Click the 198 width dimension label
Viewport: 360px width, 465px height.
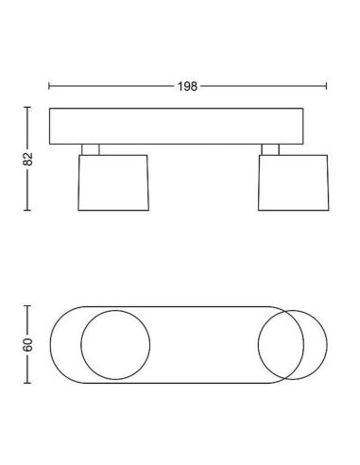(x=187, y=86)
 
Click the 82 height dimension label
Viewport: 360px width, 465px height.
(x=27, y=159)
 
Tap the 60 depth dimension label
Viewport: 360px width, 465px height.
(x=27, y=345)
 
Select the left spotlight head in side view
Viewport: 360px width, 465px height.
(x=113, y=182)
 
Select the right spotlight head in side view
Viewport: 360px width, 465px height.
(x=294, y=182)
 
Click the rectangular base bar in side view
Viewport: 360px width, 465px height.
(x=177, y=127)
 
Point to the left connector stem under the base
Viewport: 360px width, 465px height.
(x=91, y=149)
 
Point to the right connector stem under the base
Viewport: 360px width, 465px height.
(x=270, y=149)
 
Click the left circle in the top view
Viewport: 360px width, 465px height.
(x=81, y=345)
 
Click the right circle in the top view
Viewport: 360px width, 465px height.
(x=327, y=345)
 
